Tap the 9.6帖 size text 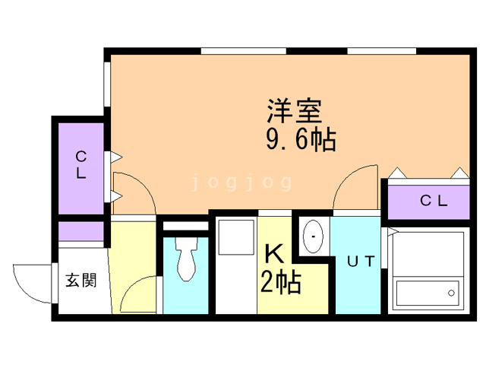point(301,139)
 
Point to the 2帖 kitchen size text point(280,281)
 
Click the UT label point(361,262)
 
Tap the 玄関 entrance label point(80,280)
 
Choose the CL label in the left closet point(80,165)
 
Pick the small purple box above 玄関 point(80,230)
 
